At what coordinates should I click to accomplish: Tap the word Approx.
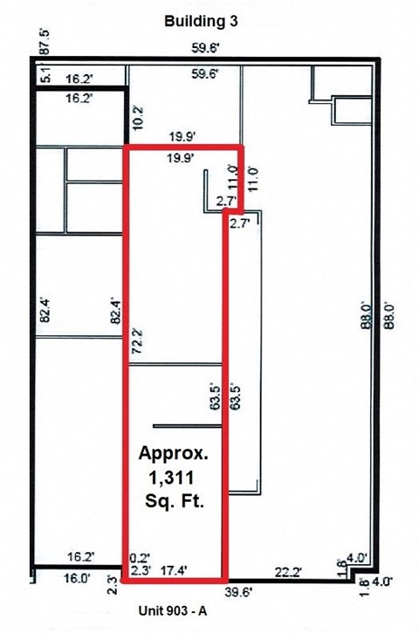(175, 455)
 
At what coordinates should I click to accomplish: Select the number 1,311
(173, 478)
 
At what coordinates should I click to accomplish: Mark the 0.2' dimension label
(137, 556)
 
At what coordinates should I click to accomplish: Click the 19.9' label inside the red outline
(178, 158)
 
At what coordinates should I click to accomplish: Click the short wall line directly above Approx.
(188, 426)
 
